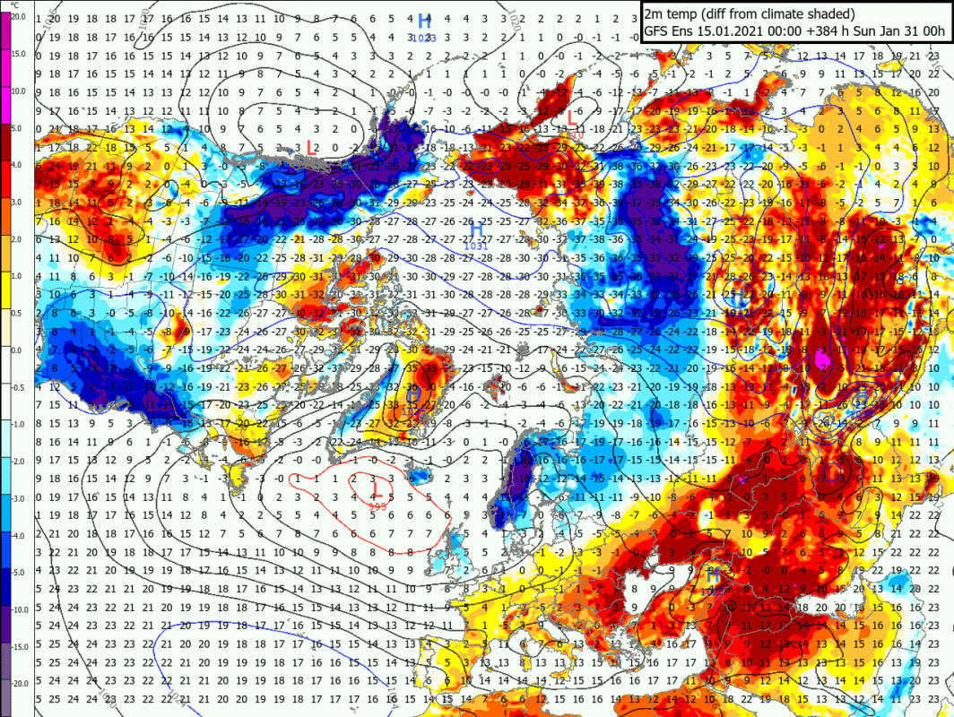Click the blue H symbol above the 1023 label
pyautogui.click(x=424, y=22)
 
